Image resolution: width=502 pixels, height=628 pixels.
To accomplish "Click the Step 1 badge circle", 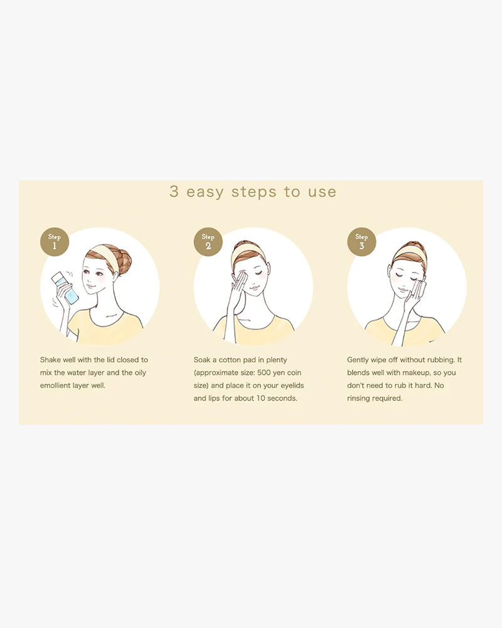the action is (x=55, y=242).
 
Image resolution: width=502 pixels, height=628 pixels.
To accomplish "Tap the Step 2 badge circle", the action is (x=208, y=242).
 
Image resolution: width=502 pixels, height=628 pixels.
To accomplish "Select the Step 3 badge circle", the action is (x=361, y=242).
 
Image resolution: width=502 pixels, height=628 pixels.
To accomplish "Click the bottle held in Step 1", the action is (x=66, y=287).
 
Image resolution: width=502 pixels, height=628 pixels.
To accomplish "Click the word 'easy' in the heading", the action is (x=205, y=192).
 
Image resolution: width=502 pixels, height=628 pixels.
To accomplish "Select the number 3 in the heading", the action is (x=174, y=192).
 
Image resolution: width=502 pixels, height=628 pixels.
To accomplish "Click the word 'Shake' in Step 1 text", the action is (x=50, y=360).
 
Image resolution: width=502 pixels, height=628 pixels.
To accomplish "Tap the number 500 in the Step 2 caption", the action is (x=264, y=372).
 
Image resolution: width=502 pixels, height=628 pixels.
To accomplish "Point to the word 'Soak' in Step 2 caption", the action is (x=202, y=360).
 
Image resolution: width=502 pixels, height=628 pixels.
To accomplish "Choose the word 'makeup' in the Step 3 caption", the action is (x=415, y=373).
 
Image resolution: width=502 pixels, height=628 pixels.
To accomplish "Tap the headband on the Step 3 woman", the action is (x=409, y=252).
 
